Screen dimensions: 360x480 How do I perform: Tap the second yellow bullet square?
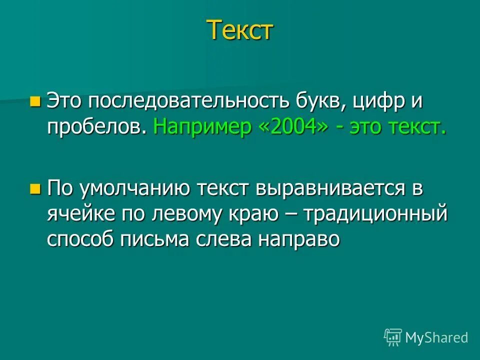point(34,189)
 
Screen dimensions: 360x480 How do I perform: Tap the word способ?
point(81,239)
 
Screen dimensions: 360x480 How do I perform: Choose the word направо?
point(298,239)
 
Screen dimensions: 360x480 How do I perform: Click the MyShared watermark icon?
point(393,337)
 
